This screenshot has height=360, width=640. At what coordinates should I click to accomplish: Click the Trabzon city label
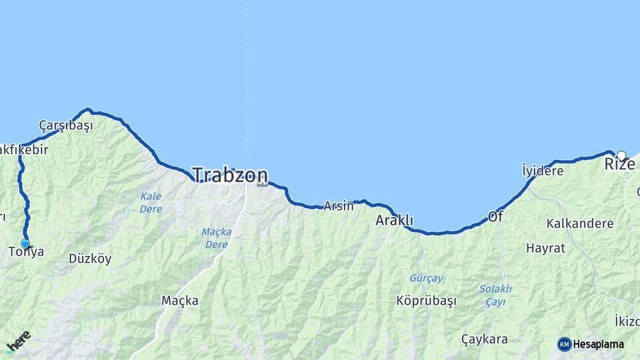click(x=230, y=175)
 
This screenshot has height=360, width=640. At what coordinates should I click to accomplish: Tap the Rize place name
click(x=619, y=164)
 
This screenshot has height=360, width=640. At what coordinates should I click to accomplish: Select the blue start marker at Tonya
click(x=25, y=244)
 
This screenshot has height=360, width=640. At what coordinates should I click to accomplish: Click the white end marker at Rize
click(x=621, y=156)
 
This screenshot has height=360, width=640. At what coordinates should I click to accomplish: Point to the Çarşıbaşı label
click(x=65, y=125)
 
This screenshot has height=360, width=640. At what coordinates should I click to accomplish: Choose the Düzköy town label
click(x=90, y=259)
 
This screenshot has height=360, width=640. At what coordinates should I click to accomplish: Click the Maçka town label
click(x=179, y=301)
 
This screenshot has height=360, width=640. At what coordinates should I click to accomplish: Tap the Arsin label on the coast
click(x=339, y=206)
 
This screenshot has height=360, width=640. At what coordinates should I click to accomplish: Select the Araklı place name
click(x=395, y=220)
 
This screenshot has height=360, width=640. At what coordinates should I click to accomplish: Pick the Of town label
click(x=495, y=217)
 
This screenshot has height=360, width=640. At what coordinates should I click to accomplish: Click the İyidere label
click(x=542, y=171)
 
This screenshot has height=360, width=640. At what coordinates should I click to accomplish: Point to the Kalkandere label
click(x=579, y=223)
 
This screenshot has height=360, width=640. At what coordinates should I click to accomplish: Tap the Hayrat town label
click(x=545, y=248)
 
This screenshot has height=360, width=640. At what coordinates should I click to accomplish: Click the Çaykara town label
click(x=484, y=339)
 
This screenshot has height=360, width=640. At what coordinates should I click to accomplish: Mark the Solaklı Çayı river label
click(x=495, y=294)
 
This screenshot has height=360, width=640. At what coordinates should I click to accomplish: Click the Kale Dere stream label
click(x=151, y=202)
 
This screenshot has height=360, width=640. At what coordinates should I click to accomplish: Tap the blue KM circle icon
click(x=565, y=344)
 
